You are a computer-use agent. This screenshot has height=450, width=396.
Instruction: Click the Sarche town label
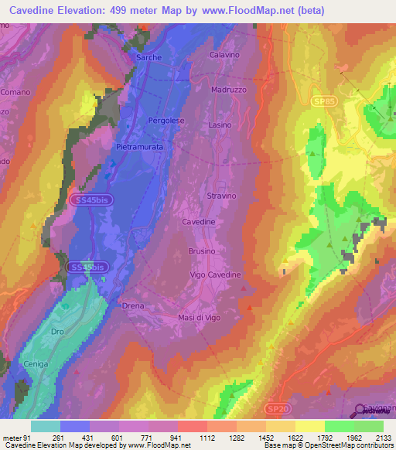[148, 58]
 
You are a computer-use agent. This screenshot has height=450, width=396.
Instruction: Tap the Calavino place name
[226, 55]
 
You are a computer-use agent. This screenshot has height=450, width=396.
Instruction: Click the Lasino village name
[220, 124]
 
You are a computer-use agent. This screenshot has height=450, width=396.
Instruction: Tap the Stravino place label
[221, 196]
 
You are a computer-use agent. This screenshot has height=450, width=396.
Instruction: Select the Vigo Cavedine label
[216, 275]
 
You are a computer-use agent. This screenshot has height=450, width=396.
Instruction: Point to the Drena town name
[133, 306]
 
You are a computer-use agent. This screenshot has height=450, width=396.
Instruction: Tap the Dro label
[57, 332]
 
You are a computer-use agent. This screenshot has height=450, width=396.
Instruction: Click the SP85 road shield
[326, 101]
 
